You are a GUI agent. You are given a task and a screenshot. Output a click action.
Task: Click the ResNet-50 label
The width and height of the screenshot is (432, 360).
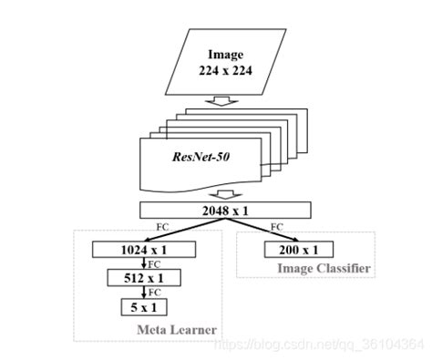[201, 156]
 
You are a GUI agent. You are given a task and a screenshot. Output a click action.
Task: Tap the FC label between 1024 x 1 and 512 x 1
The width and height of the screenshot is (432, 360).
[151, 262]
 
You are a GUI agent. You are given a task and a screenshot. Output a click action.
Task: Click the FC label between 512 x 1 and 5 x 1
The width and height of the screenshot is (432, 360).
[151, 292]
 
